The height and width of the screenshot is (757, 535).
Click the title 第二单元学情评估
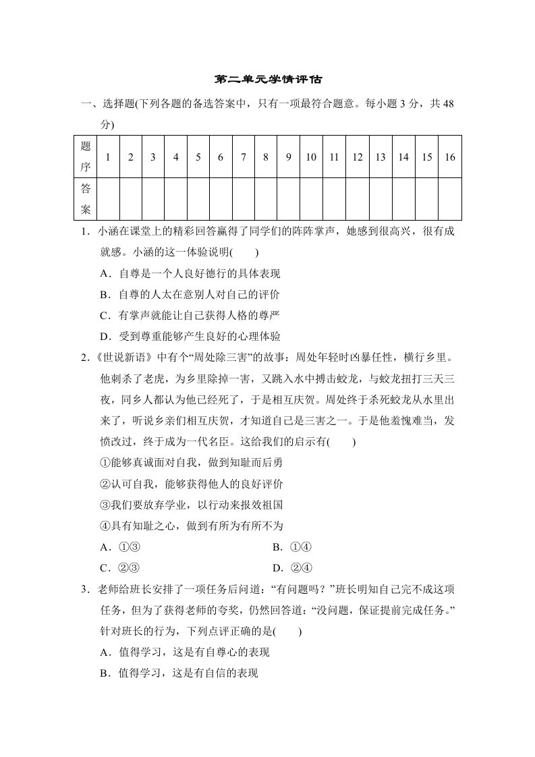pos(268,80)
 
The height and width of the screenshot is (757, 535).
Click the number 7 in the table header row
pos(244,157)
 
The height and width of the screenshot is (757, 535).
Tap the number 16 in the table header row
pos(450,157)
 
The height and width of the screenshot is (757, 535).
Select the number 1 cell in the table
pos(108,157)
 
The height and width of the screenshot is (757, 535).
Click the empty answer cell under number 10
pos(311,199)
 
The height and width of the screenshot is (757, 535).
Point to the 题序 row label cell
pos(86,157)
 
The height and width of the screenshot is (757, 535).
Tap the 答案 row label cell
pos(86,199)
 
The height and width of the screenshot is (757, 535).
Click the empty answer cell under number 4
pos(175,199)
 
